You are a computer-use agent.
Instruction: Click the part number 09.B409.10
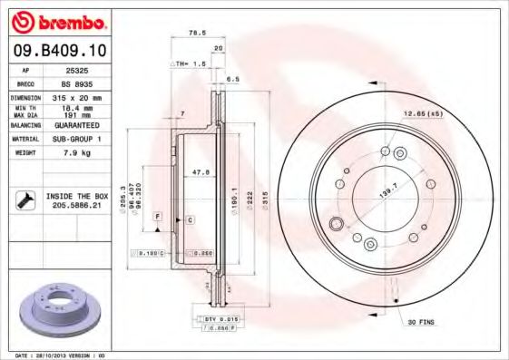57,53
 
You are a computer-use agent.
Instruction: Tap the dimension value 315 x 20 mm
74,97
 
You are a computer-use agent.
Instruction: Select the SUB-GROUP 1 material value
74,139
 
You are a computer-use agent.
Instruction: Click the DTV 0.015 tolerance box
214,319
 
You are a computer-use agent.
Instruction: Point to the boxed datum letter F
157,217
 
